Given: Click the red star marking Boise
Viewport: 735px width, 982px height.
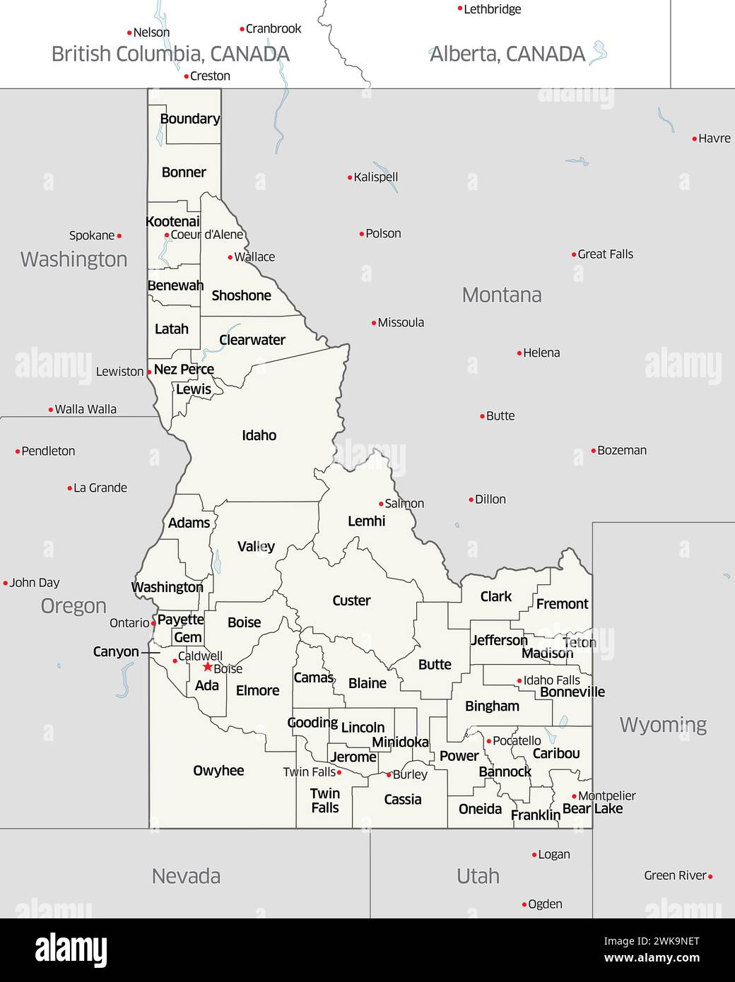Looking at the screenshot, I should pyautogui.click(x=207, y=666).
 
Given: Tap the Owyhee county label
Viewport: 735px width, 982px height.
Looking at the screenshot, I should pyautogui.click(x=218, y=771).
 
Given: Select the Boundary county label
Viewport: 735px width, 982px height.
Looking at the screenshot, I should pyautogui.click(x=189, y=119).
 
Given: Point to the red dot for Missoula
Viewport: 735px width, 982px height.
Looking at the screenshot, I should pyautogui.click(x=374, y=323).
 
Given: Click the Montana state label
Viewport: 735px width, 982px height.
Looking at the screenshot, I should pyautogui.click(x=502, y=295).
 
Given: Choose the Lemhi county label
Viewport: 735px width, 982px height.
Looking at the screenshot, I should pyautogui.click(x=366, y=521).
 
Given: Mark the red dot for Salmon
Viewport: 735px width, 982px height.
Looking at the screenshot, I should pyautogui.click(x=381, y=504).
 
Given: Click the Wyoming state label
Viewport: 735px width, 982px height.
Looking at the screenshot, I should pyautogui.click(x=663, y=725).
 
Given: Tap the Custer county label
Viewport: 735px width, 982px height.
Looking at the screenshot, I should pyautogui.click(x=351, y=601).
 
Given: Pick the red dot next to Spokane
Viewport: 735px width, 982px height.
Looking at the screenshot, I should pyautogui.click(x=119, y=236).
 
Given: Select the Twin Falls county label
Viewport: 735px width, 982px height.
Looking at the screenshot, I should pyautogui.click(x=325, y=800).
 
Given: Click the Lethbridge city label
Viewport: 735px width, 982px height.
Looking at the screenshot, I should pyautogui.click(x=492, y=9).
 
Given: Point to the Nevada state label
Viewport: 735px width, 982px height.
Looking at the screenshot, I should pyautogui.click(x=186, y=876).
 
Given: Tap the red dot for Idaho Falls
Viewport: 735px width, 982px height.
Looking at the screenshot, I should pyautogui.click(x=519, y=681).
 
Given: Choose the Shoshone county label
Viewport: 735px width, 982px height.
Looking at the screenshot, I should pyautogui.click(x=241, y=296).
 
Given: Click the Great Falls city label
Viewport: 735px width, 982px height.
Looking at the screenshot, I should pyautogui.click(x=605, y=254).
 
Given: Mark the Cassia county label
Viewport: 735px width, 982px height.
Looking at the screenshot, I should pyautogui.click(x=403, y=800).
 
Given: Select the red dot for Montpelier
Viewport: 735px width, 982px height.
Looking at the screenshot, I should pyautogui.click(x=574, y=796).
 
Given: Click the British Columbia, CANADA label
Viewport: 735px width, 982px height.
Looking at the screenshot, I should pyautogui.click(x=170, y=54).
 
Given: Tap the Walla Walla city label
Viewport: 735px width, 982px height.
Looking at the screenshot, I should pyautogui.click(x=86, y=409).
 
